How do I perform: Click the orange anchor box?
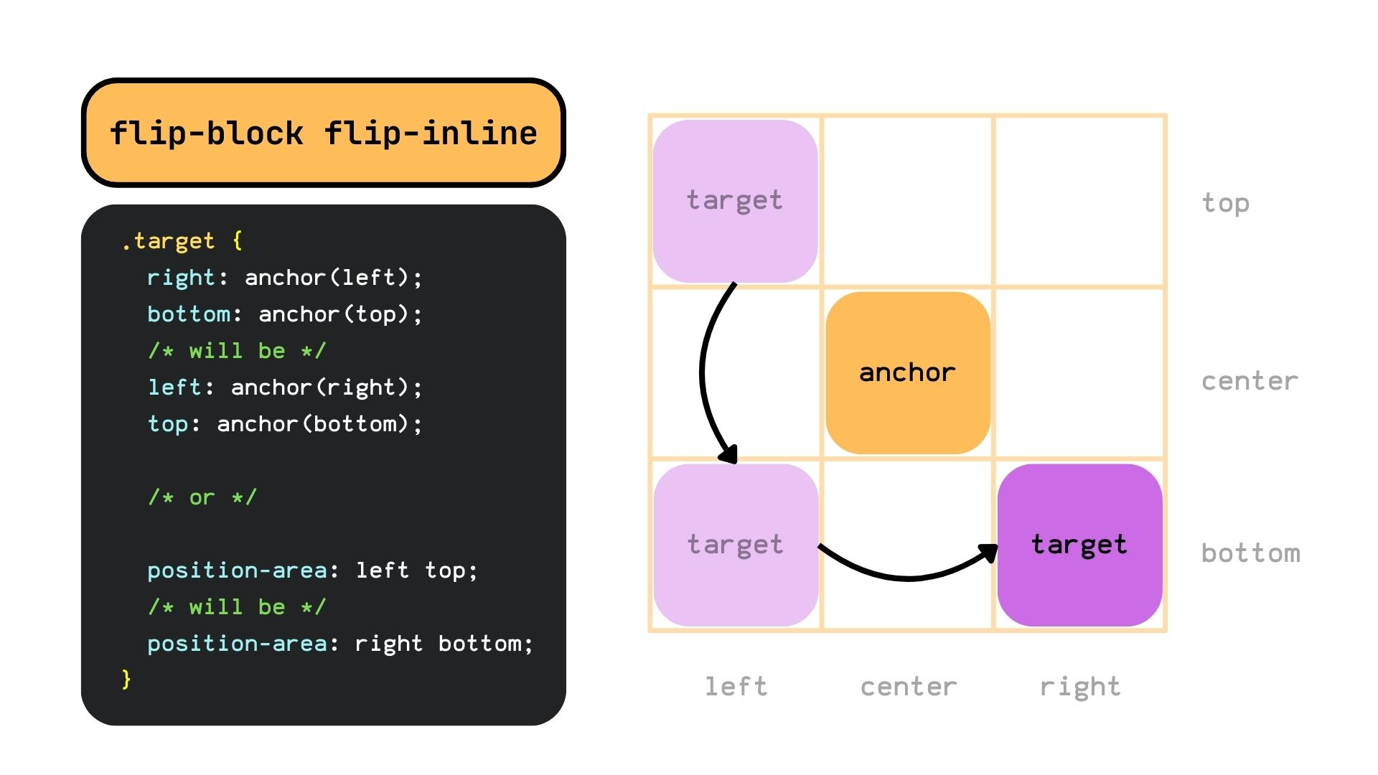pos(908,372)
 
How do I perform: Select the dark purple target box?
pos(1079,545)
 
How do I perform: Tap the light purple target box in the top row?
pos(735,201)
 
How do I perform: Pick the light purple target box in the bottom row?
pos(736,545)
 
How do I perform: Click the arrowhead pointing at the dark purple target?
pos(990,552)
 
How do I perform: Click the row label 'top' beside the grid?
pos(1225,203)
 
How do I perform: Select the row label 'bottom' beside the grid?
pos(1250,553)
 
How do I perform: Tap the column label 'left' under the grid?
pos(736,687)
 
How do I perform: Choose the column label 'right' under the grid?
pos(1079,687)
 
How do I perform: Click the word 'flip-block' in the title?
pos(206,133)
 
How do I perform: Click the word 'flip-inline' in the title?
pos(431,133)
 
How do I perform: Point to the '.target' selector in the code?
pos(168,240)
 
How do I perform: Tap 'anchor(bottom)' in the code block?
pos(314,423)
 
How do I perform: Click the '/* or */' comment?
pos(202,497)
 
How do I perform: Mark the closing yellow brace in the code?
pos(126,678)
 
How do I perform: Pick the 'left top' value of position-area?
pos(411,570)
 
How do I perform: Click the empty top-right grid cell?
pos(1079,201)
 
